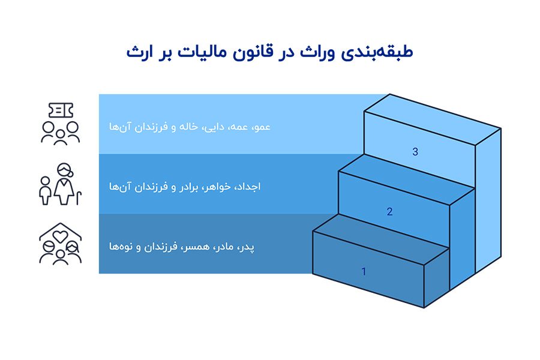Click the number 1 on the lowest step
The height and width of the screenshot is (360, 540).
tap(364, 272)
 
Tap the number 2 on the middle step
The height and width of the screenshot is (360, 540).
tap(389, 212)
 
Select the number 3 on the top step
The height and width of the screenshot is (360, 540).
tap(415, 152)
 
